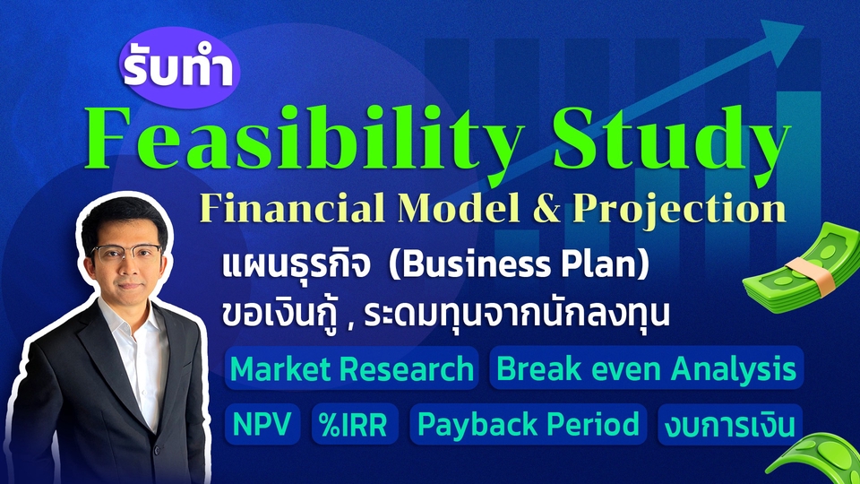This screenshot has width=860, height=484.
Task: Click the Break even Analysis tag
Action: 645,368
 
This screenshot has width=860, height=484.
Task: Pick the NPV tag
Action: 262,424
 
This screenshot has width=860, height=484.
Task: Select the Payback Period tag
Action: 527,424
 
